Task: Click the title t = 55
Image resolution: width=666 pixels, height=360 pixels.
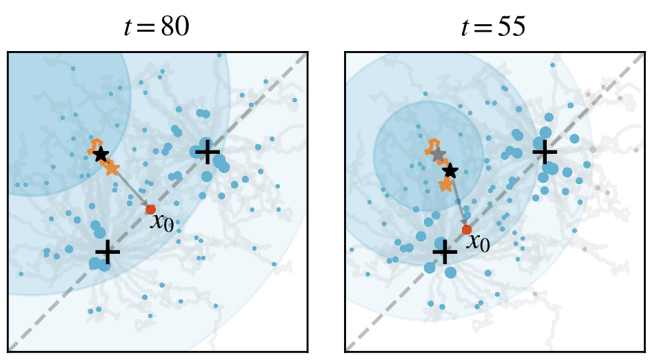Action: point(493,26)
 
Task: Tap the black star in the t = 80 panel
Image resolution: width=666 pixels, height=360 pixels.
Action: point(101,154)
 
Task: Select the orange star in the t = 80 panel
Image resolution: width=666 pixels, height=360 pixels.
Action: point(111,168)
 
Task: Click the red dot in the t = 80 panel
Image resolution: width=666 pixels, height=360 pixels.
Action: point(151,209)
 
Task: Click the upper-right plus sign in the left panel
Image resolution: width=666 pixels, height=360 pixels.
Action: point(207,152)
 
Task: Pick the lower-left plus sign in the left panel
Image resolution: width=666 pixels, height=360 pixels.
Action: point(106,253)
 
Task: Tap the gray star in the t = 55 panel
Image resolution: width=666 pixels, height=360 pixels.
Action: point(438,154)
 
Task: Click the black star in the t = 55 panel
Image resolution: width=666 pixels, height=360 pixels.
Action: point(450,170)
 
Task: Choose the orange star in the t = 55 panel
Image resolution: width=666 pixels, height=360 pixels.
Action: point(446,184)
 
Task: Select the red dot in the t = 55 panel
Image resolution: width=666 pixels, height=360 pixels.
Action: point(467,230)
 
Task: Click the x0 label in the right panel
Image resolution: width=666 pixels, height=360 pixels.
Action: point(478,242)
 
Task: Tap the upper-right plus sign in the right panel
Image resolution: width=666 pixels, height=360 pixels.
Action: point(544,151)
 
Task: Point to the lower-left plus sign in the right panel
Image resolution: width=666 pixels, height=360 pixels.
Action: point(444,253)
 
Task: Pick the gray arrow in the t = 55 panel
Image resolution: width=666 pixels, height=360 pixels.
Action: point(459,203)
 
